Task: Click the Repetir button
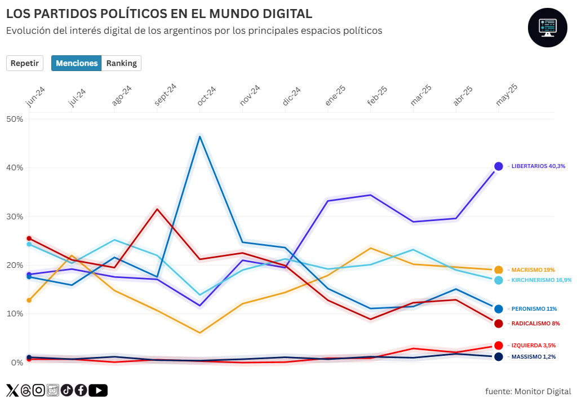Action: tap(25, 63)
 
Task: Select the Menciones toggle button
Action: tap(77, 63)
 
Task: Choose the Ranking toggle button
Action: tap(121, 63)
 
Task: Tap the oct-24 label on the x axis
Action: tap(206, 96)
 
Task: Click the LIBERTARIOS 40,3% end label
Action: tap(538, 166)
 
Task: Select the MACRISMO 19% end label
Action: tap(533, 270)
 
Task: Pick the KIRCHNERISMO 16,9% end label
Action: tap(542, 280)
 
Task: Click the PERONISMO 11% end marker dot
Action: tap(499, 309)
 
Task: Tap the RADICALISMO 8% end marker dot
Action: tap(499, 324)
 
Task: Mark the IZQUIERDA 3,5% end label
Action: tap(534, 346)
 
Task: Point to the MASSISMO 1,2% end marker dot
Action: tap(499, 357)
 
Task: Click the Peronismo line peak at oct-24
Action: tap(200, 136)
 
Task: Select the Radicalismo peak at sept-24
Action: tap(157, 209)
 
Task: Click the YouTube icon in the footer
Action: tap(98, 390)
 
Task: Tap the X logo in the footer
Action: tap(12, 390)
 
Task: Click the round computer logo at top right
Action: tap(547, 28)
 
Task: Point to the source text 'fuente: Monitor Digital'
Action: tap(528, 391)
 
